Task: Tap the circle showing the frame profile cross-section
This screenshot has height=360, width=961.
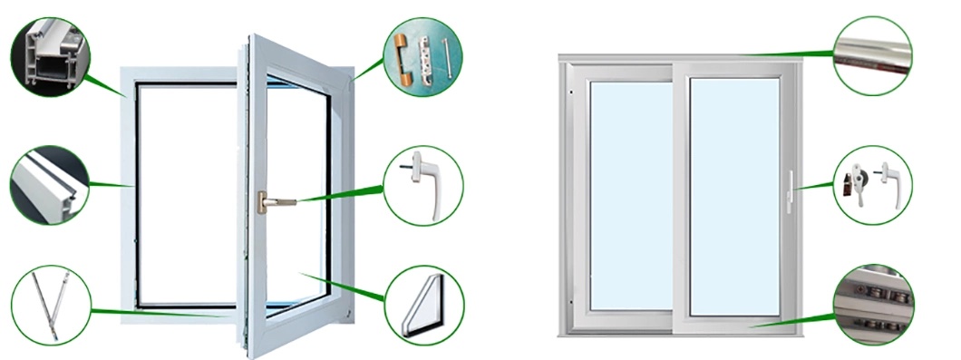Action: click(x=49, y=56)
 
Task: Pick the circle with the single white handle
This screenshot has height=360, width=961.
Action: click(x=423, y=186)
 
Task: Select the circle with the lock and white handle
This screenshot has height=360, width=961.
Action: click(x=872, y=185)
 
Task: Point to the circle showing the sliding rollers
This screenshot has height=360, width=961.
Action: click(x=872, y=304)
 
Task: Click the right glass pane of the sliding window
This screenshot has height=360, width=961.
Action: click(x=734, y=195)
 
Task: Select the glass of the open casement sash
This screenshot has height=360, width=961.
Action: click(x=295, y=163)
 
